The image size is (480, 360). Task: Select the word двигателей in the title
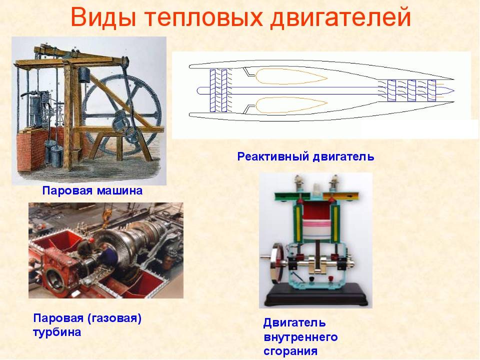coord(340,18)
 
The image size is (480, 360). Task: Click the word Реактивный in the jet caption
coord(273,156)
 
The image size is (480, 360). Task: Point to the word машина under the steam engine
coord(119,190)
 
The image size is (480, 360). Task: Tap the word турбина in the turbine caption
coord(57,332)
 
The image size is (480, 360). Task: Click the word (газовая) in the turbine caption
coord(114,318)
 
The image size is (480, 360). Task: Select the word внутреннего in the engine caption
coord(300,337)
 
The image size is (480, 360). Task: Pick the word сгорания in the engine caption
coord(290,351)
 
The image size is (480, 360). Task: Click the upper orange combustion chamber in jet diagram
coord(291,76)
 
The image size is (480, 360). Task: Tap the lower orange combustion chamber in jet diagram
coord(291,105)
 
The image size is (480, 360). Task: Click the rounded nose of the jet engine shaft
coord(199,90)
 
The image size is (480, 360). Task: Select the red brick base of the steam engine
coord(30,148)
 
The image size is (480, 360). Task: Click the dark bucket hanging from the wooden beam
coord(83,74)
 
